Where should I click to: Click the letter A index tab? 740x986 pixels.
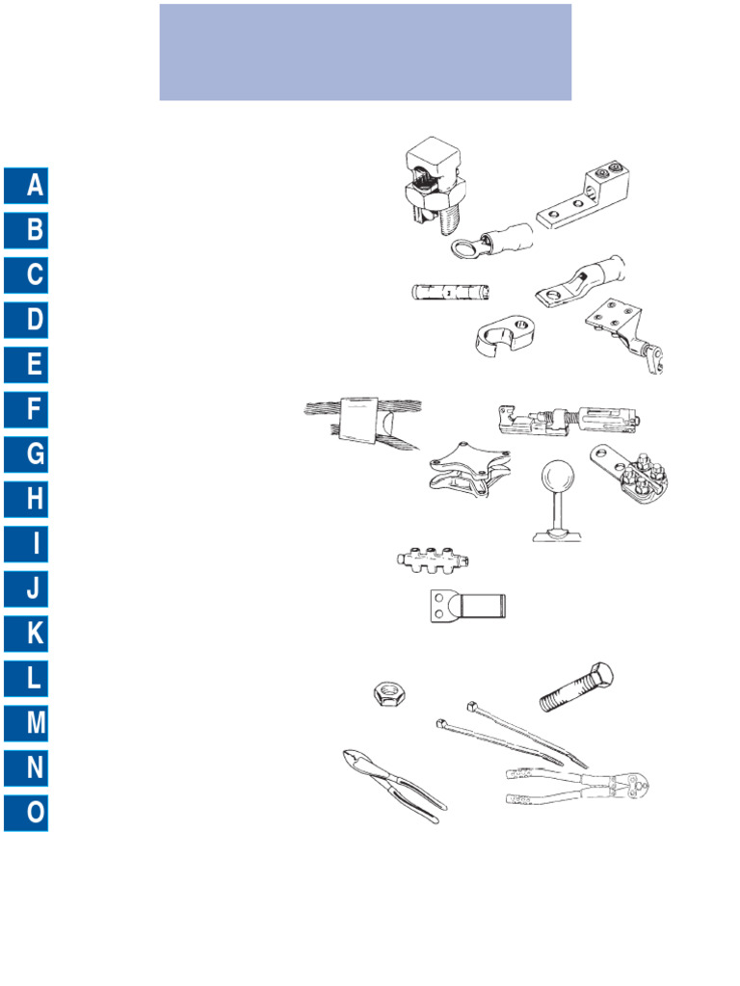26,185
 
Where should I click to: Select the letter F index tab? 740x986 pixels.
26,410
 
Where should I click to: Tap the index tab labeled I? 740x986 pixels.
26,544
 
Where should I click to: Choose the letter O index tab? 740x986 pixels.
26,813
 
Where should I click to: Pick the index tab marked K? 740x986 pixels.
26,634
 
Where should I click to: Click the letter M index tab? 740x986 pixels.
26,723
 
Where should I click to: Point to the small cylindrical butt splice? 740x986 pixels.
448,292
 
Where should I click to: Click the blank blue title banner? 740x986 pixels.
365,52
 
